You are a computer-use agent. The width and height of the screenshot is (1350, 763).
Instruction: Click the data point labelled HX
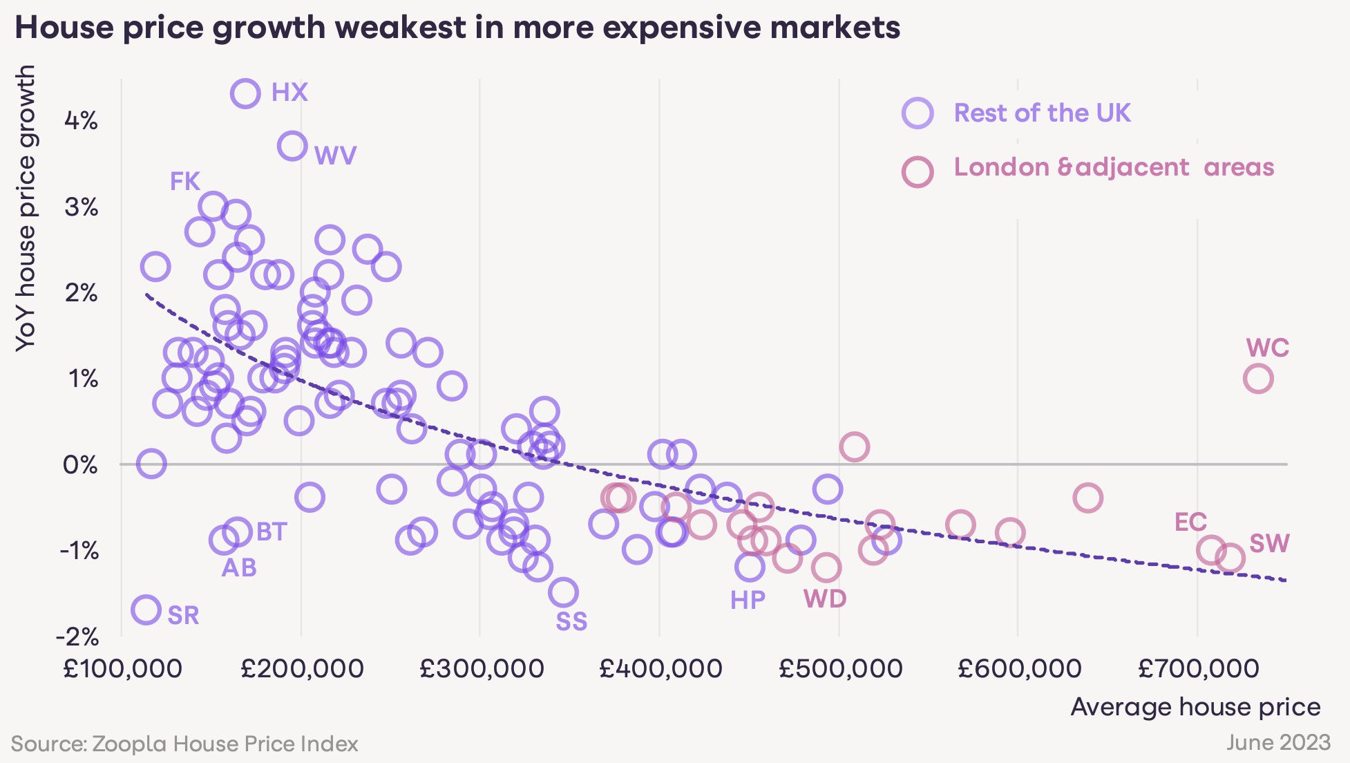(x=246, y=93)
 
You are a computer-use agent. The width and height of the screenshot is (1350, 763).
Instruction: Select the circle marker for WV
(x=292, y=147)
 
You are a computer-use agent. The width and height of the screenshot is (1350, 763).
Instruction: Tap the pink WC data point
(x=1258, y=379)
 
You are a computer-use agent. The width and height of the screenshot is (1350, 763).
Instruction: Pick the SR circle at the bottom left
(x=146, y=610)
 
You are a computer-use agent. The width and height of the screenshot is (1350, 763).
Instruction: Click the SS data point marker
(x=564, y=592)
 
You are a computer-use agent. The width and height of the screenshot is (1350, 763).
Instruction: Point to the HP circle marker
(x=750, y=567)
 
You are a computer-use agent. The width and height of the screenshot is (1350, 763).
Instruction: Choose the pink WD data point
(x=826, y=568)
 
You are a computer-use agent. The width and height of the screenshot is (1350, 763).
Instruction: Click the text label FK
(x=184, y=182)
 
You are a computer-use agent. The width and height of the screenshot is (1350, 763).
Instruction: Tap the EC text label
(x=1190, y=522)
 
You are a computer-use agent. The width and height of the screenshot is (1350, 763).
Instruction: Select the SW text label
(x=1269, y=544)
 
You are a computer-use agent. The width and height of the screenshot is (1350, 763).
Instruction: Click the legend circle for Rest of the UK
(x=918, y=113)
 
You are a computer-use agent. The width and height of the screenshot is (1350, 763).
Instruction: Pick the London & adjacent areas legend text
(x=1114, y=167)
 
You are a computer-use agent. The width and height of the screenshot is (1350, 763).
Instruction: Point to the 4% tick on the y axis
(x=81, y=122)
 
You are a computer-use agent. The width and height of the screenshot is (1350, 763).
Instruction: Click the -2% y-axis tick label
(x=77, y=636)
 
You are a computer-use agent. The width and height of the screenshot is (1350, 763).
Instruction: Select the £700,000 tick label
(x=1198, y=668)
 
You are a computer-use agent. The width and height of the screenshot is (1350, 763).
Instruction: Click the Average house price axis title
(x=1195, y=707)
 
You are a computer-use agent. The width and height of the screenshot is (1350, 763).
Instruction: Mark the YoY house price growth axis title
(x=26, y=207)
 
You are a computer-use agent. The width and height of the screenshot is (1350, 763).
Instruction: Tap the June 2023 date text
(x=1278, y=743)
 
